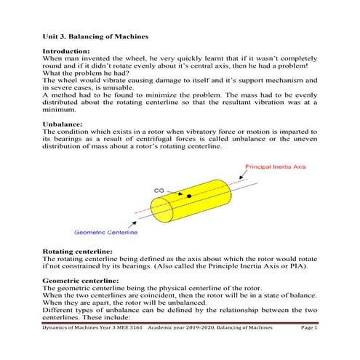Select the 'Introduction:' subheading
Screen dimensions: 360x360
(x=66, y=52)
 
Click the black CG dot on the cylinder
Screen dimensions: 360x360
(x=189, y=196)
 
